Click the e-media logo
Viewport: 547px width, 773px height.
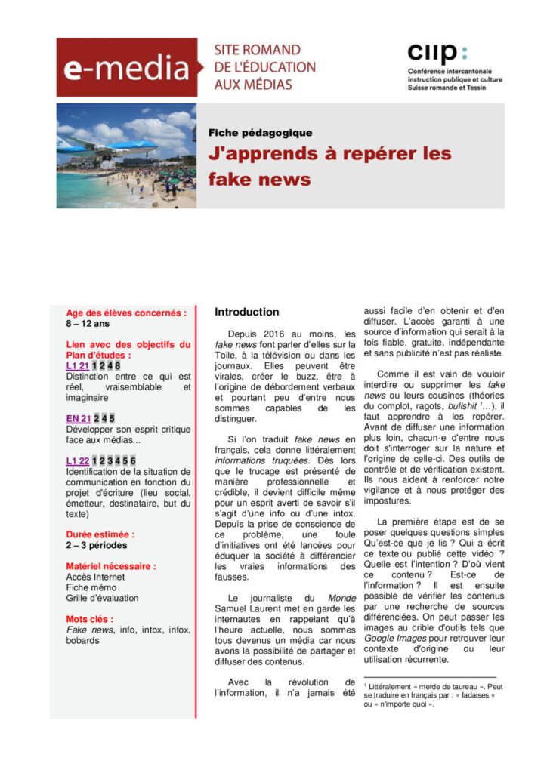[126, 69]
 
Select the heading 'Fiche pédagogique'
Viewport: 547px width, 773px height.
[260, 133]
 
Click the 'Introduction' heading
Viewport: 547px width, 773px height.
[246, 312]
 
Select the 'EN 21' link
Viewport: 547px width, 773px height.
[79, 418]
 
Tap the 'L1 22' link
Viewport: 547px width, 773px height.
[78, 460]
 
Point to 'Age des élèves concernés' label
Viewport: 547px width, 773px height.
[126, 313]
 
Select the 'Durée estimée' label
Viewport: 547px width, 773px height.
[100, 534]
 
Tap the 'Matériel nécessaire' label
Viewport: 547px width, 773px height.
[111, 566]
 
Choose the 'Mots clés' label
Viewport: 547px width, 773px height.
[89, 619]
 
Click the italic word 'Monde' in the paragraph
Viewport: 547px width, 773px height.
[341, 598]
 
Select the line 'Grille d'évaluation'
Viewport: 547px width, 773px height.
[102, 598]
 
